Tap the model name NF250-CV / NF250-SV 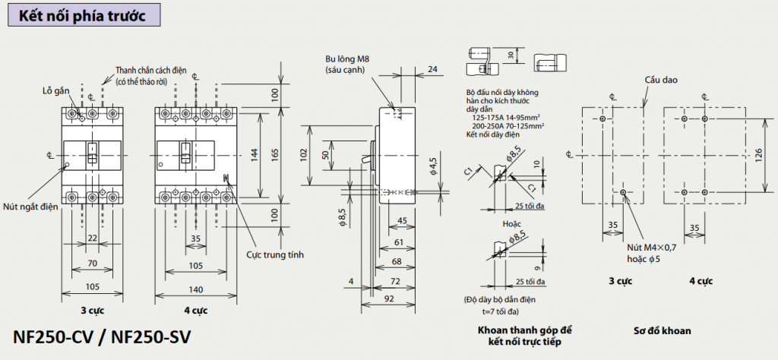click(x=101, y=336)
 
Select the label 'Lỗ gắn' click(x=56, y=90)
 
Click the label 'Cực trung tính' click(x=275, y=254)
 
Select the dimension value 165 click(x=275, y=154)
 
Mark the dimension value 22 click(x=92, y=238)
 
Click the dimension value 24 click(x=432, y=70)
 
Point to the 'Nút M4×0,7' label click(x=651, y=248)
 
